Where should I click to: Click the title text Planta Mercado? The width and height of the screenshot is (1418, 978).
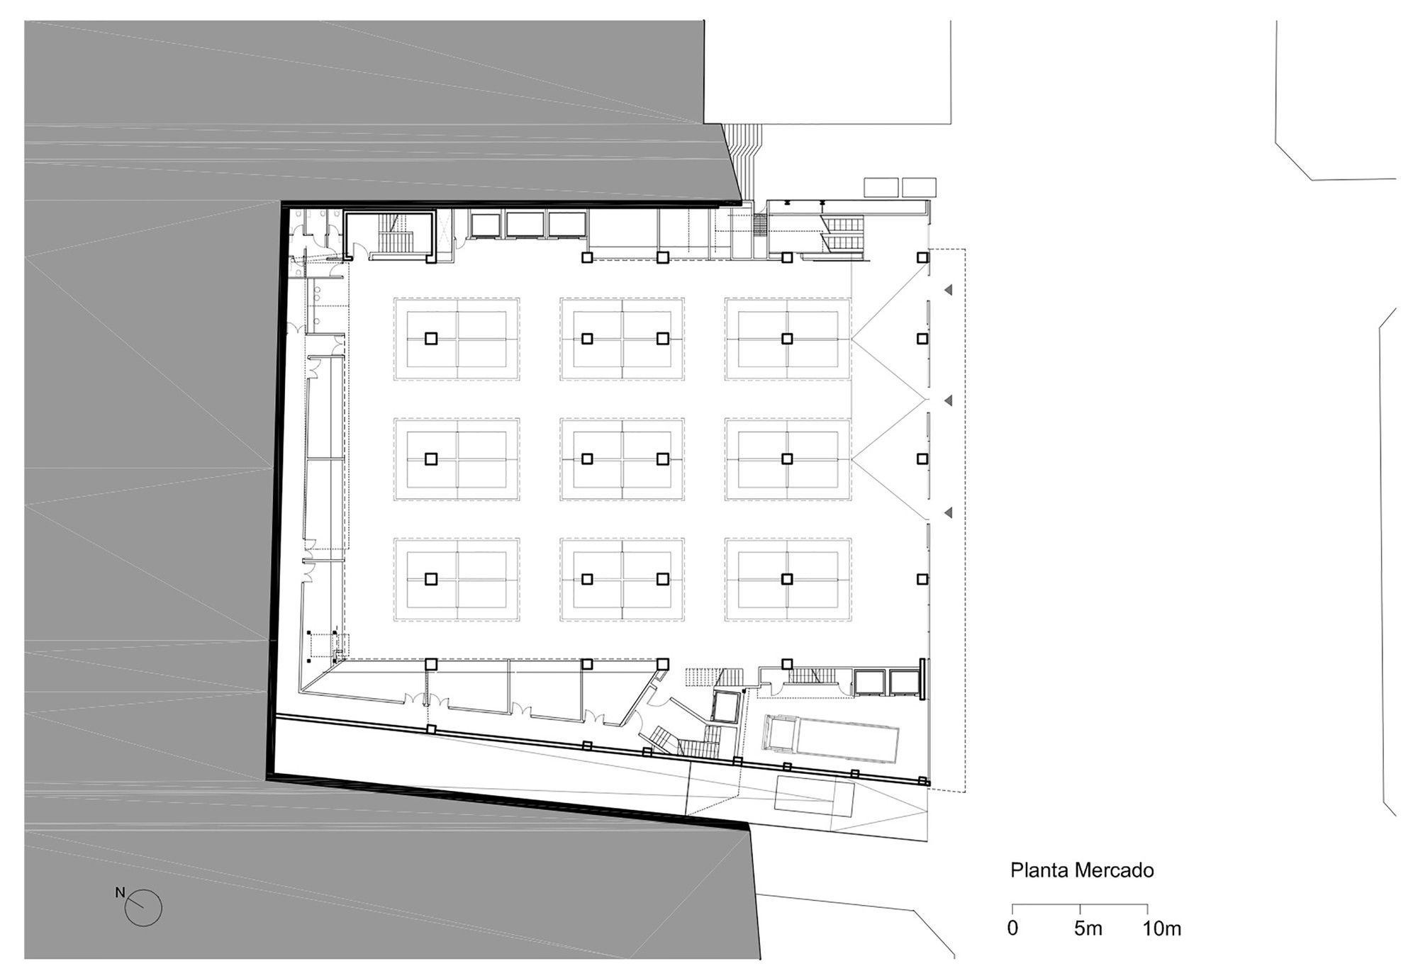point(1082,870)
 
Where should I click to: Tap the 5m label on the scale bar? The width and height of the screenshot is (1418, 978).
point(1088,928)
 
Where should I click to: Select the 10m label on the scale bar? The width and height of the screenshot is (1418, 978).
point(1161,928)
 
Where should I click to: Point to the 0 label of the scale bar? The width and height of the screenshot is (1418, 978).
point(1012,928)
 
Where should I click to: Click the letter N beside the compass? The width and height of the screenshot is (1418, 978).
point(121,892)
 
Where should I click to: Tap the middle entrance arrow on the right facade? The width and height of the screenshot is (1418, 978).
point(947,401)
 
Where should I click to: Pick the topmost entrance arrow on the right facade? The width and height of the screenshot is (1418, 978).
point(947,290)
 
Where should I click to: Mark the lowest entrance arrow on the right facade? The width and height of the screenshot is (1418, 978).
point(947,512)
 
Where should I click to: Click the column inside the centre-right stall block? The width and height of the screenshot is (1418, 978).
point(787,459)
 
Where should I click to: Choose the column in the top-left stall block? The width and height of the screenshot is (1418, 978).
point(431,339)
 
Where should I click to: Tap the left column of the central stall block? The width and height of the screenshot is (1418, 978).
point(587,459)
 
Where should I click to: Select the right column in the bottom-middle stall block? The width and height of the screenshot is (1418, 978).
point(662,579)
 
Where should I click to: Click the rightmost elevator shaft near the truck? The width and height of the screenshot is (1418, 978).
point(904,682)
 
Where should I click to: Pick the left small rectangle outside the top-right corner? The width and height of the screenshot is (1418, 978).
point(881,187)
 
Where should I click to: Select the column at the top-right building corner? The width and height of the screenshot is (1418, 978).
point(922,257)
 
